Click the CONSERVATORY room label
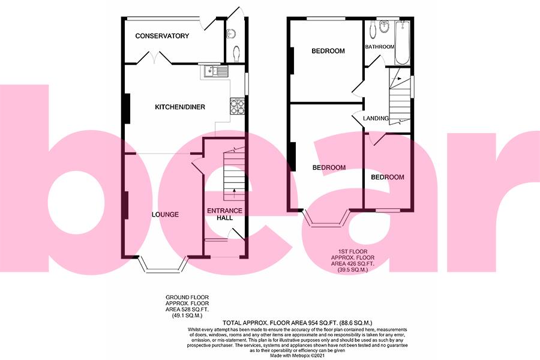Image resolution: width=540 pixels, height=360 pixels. coord(162,36)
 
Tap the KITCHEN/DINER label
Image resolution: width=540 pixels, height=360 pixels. coord(180,107)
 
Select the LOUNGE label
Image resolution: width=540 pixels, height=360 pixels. coord(165,215)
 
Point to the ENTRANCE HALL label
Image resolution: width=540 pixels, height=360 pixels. coord(224,214)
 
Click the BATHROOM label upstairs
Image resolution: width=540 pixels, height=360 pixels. coord(380,47)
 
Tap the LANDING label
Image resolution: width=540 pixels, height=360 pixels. coord(376,118)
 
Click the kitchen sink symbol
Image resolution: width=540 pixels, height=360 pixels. coord(214,72)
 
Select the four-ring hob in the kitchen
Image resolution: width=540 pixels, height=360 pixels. coord(236,106)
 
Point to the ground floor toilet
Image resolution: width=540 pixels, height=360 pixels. coord(236,53)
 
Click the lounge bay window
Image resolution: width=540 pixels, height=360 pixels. coord(164,265)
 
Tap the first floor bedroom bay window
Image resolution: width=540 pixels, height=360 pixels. coord(328,218)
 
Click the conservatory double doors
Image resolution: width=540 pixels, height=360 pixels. coord(154,58)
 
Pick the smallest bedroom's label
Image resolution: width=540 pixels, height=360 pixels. coord(387,178)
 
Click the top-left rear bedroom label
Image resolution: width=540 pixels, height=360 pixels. coord(328,51)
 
